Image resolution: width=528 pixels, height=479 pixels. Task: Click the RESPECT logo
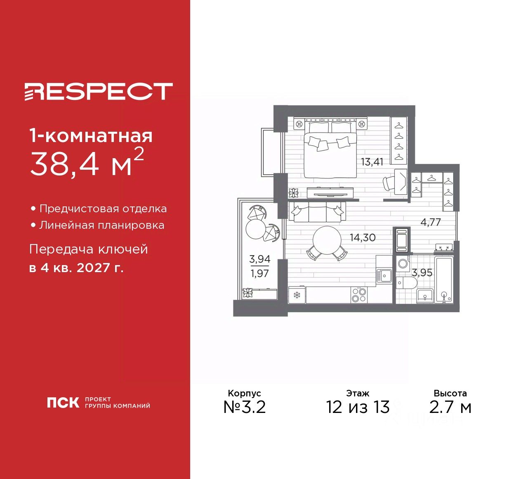[99, 91]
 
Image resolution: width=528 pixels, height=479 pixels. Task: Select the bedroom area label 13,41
[372, 162]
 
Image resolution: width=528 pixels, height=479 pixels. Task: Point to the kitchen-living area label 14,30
[363, 238]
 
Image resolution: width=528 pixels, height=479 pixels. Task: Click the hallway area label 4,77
[431, 223]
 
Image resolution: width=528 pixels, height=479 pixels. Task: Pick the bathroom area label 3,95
[422, 273]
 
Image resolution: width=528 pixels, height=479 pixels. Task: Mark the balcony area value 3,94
[260, 259]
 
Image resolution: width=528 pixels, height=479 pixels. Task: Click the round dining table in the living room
[327, 241]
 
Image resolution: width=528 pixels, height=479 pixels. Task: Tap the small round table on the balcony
[256, 229]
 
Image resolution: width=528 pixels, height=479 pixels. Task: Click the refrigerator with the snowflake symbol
[297, 295]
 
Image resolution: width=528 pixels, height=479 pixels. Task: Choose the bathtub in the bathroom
[444, 280]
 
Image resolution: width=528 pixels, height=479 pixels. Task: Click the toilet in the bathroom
[407, 283]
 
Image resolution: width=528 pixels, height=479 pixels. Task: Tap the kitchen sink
[384, 276]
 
